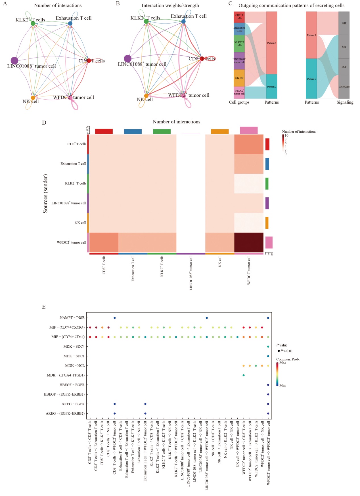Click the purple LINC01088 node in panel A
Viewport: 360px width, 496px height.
click(14, 60)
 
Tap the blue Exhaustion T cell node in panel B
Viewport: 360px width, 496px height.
click(183, 21)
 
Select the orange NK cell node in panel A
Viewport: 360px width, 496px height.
click(33, 98)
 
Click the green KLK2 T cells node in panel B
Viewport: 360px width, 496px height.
click(146, 21)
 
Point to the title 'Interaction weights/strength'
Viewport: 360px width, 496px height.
click(170, 5)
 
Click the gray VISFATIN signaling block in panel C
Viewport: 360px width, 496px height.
click(344, 87)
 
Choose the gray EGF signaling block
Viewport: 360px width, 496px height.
click(344, 67)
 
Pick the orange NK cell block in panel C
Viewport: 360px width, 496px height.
click(239, 78)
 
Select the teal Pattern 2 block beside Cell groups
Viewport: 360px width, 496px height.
click(272, 87)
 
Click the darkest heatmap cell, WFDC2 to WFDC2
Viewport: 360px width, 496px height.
click(249, 242)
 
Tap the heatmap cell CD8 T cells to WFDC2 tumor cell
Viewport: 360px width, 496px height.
click(249, 144)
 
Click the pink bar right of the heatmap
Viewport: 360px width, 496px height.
click(269, 243)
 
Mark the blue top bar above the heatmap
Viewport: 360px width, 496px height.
click(133, 131)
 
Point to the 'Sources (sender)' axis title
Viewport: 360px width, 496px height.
click(45, 194)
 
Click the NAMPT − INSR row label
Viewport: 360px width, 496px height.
click(72, 318)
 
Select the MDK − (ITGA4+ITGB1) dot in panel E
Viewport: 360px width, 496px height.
click(244, 375)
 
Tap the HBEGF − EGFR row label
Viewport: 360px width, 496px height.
click(72, 385)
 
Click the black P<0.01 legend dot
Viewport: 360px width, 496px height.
click(279, 351)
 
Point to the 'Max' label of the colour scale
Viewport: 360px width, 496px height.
click(283, 362)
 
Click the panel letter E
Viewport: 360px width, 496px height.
click(44, 307)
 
